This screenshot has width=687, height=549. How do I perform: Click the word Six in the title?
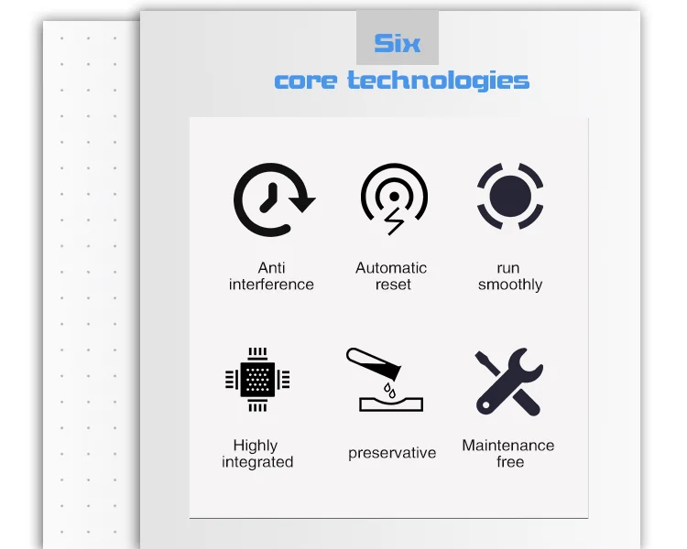[397, 43]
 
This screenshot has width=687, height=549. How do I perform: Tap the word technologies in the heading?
[438, 81]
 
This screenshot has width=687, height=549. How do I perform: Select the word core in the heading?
[306, 81]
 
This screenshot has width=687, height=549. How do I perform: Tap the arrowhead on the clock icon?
[302, 203]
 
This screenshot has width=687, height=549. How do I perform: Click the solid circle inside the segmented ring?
[510, 196]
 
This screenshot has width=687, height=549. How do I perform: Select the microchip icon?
[257, 380]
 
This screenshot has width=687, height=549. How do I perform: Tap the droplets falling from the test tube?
[389, 390]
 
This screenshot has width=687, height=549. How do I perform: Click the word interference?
[271, 285]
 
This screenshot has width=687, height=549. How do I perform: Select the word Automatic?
[391, 268]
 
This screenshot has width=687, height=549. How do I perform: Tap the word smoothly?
[510, 285]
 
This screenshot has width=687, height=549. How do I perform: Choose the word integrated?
[257, 462]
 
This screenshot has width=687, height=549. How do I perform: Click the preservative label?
[392, 453]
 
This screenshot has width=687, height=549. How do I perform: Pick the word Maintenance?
[508, 446]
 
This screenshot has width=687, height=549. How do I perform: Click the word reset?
[393, 285]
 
